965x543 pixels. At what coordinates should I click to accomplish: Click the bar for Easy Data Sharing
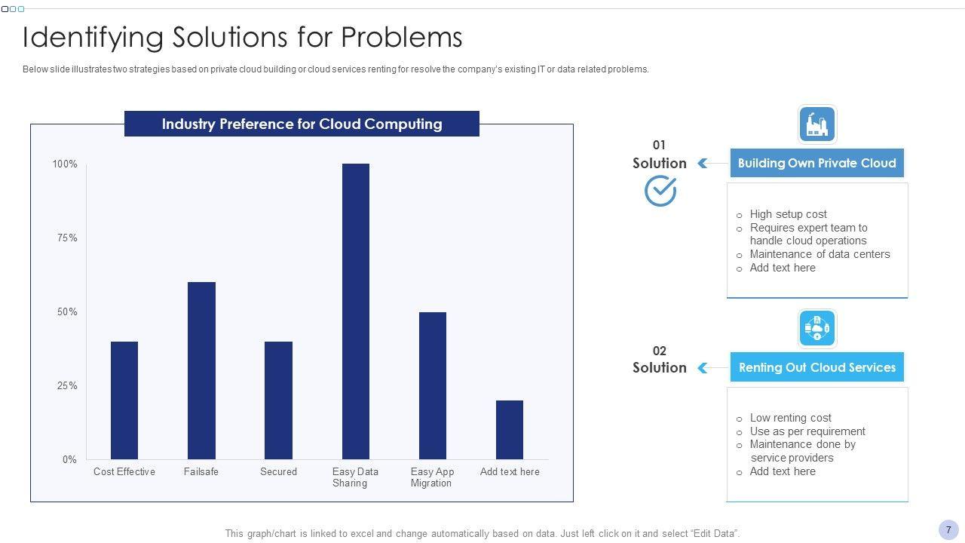(x=356, y=311)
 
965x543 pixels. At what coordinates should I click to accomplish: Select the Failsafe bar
(x=201, y=370)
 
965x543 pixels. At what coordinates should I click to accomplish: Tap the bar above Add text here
(x=510, y=429)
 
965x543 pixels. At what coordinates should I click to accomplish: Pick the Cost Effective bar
(x=124, y=400)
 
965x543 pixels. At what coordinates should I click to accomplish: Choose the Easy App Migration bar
(x=433, y=385)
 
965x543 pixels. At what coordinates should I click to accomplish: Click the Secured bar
(x=278, y=400)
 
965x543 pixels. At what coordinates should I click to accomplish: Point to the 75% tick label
(x=67, y=238)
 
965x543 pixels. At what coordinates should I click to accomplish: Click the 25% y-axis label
(x=67, y=386)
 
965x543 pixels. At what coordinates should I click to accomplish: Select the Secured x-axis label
(x=278, y=472)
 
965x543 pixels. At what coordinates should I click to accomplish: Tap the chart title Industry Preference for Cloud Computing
(x=302, y=124)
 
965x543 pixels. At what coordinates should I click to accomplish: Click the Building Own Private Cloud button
(x=816, y=163)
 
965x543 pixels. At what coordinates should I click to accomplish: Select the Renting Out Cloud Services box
(x=816, y=367)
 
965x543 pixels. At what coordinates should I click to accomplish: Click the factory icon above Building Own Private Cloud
(x=817, y=124)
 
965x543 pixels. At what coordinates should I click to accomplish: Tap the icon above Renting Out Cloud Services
(x=817, y=329)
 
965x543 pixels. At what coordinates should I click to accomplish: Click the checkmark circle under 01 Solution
(x=660, y=191)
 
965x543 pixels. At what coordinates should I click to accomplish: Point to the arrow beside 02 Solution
(x=703, y=368)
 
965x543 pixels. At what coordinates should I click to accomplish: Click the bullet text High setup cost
(x=788, y=214)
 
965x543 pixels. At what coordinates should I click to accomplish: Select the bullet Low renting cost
(x=790, y=418)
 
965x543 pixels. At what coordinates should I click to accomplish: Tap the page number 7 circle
(x=948, y=529)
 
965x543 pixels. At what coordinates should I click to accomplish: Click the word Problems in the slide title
(x=402, y=37)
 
